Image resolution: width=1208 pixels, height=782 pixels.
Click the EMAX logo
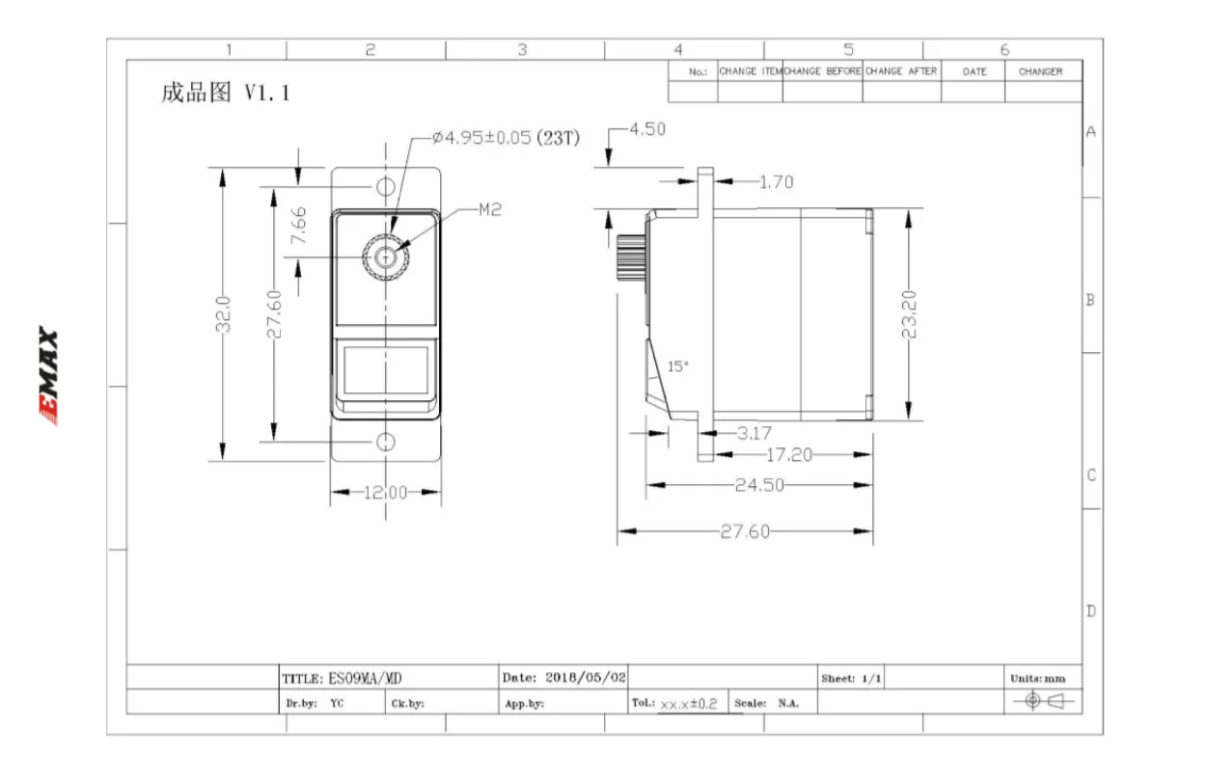click(x=48, y=376)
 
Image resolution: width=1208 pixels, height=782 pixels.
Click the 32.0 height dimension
click(x=223, y=314)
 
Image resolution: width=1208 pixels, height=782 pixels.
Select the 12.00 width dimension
click(x=385, y=492)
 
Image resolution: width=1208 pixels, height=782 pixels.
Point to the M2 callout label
click(x=490, y=209)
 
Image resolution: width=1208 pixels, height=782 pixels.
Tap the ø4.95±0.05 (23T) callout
click(x=506, y=138)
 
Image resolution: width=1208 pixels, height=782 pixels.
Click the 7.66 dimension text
click(x=298, y=226)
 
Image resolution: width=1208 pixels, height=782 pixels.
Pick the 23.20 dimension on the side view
click(x=909, y=314)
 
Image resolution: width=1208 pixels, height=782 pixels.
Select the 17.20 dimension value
click(x=789, y=455)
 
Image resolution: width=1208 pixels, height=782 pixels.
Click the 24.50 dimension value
click(x=759, y=485)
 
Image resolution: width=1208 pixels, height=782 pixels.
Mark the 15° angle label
click(x=678, y=366)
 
